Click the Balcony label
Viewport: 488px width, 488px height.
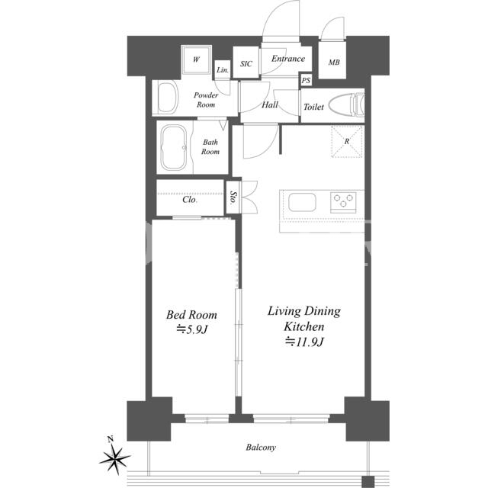point(261,448)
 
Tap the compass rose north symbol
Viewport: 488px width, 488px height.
point(114,457)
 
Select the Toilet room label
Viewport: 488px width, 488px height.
point(313,107)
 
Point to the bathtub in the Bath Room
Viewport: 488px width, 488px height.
point(174,147)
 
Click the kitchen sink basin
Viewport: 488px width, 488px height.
point(302,202)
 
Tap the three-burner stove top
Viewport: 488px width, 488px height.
point(343,201)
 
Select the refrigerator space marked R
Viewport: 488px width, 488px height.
point(347,141)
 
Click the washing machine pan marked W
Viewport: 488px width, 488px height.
point(197,59)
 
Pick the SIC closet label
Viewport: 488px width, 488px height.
point(246,64)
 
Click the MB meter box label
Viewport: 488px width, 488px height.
point(334,63)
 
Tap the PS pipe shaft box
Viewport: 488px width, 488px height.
point(306,80)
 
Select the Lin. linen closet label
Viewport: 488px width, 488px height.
point(223,70)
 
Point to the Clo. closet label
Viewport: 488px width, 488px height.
point(190,200)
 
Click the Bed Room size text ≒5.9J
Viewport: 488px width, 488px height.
point(191,329)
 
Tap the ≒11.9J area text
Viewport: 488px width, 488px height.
point(305,342)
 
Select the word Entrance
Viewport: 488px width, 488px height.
point(288,59)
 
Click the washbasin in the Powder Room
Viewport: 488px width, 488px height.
point(168,97)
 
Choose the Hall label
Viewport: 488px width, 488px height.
point(269,104)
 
